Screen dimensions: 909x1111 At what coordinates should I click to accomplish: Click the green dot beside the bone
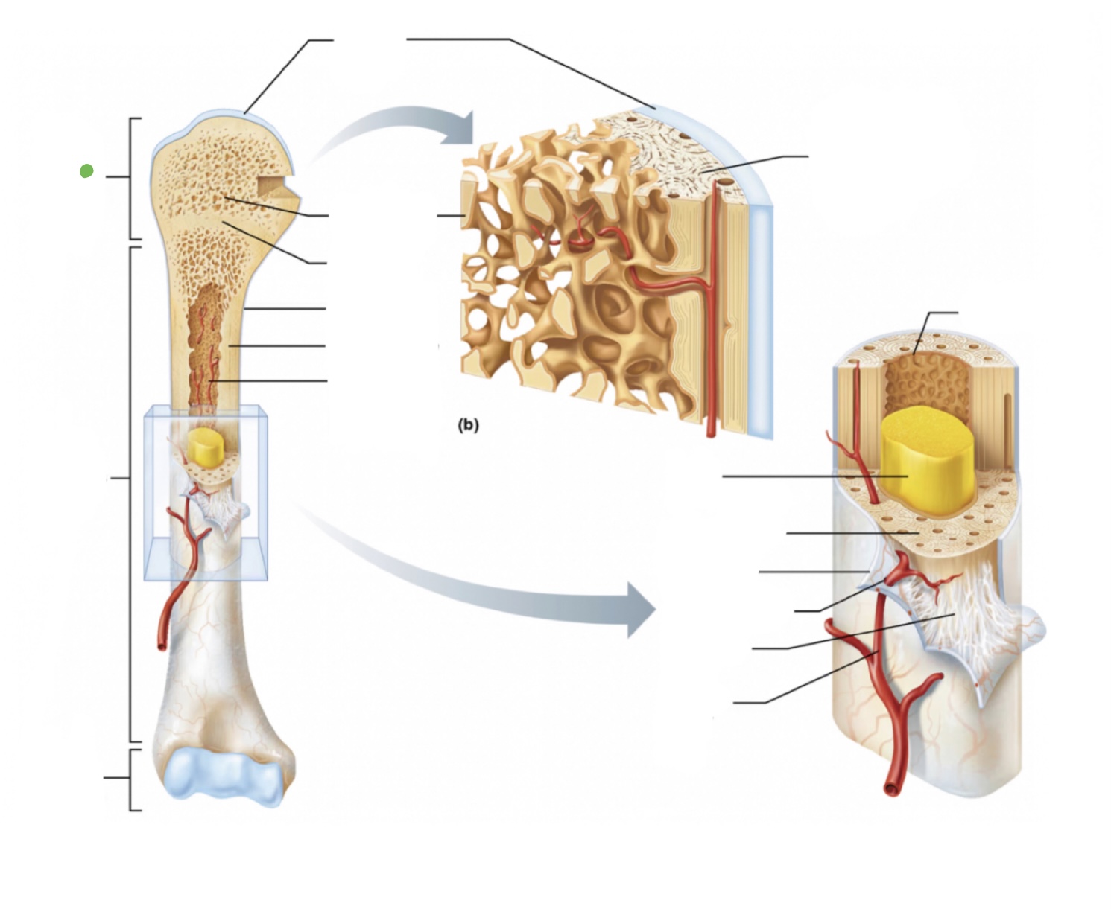click(86, 171)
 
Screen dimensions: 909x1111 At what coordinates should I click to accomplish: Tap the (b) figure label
click(468, 425)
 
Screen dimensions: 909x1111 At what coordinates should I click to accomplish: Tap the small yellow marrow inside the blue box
click(203, 445)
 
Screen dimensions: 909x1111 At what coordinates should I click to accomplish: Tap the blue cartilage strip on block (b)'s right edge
click(762, 320)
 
